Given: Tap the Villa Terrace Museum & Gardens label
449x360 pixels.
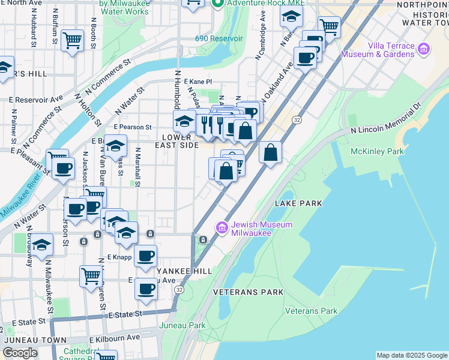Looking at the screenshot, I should click(378, 50).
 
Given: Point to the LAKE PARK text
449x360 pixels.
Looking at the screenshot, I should click(298, 203).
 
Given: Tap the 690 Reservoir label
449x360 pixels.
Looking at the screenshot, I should click(218, 38).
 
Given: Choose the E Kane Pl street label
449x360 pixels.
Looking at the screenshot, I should click(198, 81).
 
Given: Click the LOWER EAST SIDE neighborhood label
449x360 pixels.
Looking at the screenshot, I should click(176, 141).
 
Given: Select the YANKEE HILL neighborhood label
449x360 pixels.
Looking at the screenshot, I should click(184, 271).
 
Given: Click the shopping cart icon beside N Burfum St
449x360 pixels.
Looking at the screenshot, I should click(73, 41).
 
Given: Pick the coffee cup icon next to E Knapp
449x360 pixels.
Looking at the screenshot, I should click(145, 256).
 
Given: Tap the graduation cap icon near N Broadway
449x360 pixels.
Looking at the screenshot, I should click(42, 245).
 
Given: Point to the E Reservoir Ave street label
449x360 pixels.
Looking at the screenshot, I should click(36, 99).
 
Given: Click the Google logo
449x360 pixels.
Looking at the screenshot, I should click(20, 353).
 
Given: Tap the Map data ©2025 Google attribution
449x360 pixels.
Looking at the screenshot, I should click(411, 355).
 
